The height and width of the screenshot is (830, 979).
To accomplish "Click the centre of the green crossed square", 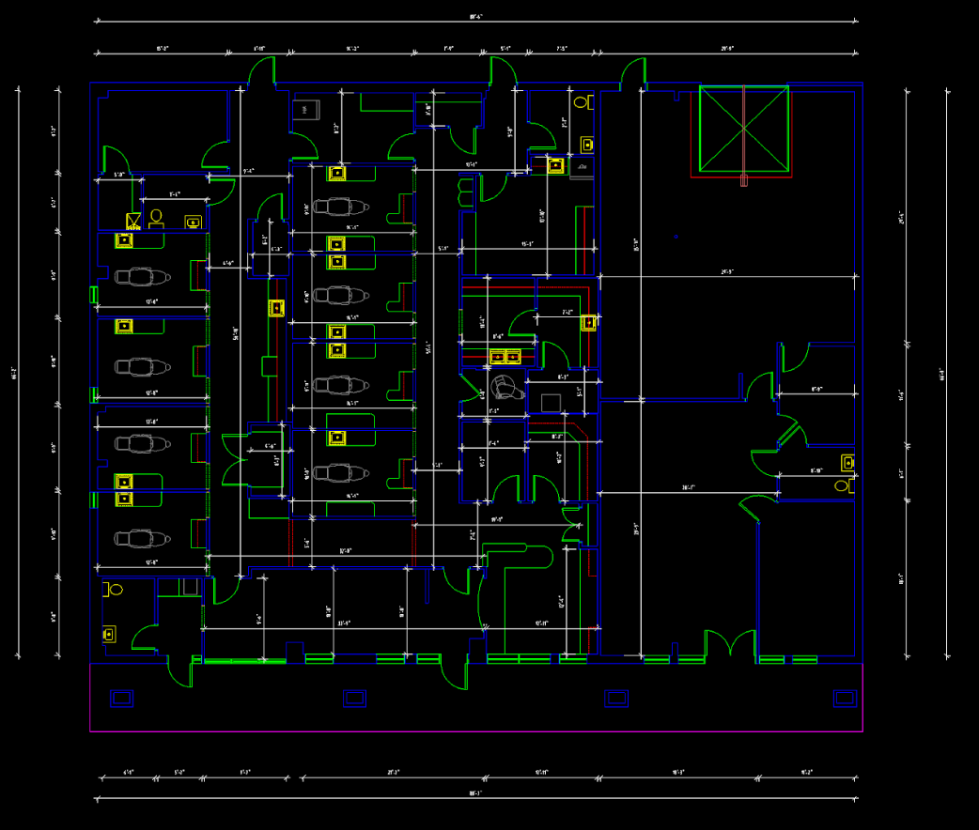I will [743, 130].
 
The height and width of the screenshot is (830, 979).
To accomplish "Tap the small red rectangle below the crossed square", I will [743, 180].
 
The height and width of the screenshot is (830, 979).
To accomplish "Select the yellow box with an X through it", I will [134, 222].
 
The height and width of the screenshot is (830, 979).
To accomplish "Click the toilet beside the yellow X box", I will [156, 219].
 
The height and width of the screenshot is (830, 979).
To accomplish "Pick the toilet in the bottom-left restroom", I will [116, 591].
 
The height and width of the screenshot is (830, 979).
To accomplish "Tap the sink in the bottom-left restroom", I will [110, 634].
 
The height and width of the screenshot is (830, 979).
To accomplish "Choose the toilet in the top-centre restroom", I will [581, 101].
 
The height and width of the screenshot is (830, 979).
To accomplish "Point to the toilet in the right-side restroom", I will [842, 485].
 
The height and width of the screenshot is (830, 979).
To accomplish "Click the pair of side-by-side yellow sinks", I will [505, 356].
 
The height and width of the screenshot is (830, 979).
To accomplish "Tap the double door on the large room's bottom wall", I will [730, 645].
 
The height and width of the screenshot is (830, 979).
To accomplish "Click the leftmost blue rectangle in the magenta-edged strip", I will [122, 698].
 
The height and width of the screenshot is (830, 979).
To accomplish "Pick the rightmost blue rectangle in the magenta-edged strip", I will [845, 698].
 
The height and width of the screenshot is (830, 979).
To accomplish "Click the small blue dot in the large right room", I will [676, 237].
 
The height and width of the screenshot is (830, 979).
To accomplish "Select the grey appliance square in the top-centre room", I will [303, 110].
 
